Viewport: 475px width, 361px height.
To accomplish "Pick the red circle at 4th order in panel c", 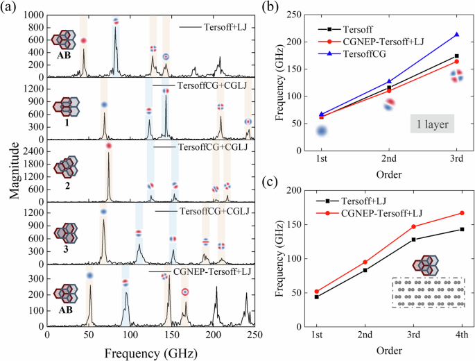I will click(462, 213).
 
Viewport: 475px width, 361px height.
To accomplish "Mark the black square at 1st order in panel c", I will click(316, 297).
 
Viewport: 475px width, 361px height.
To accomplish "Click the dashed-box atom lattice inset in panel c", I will click(426, 292).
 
